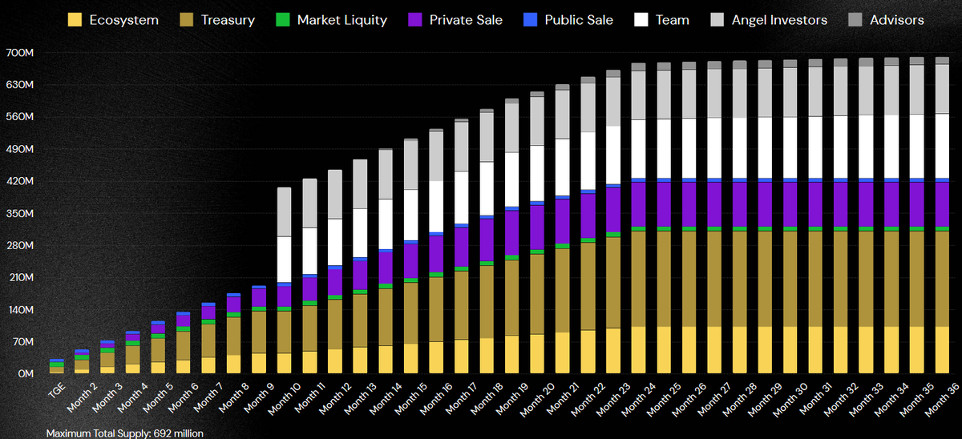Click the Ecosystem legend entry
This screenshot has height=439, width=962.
[113, 19]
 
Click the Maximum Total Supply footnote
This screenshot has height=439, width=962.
[125, 433]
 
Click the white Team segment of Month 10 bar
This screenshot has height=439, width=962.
[284, 260]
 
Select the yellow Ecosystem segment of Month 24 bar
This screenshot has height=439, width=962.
[639, 349]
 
